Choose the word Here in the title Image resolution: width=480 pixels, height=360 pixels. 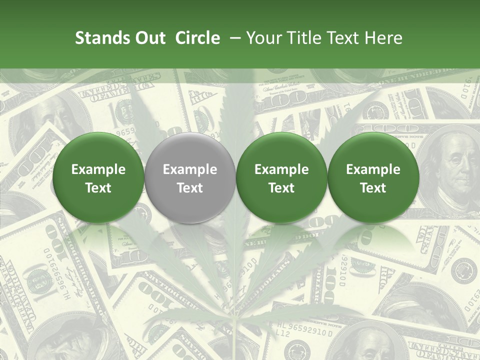click(384, 38)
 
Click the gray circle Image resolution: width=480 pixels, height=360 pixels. click(190, 177)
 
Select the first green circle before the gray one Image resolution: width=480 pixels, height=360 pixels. click(98, 177)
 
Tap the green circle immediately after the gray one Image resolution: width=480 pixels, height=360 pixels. click(281, 177)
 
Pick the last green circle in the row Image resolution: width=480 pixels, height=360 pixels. click(373, 177)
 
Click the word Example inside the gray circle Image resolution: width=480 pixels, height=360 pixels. click(190, 169)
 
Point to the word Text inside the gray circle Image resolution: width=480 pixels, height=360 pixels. click(190, 188)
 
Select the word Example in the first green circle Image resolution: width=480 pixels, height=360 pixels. click(98, 169)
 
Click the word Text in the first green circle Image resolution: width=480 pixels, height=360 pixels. click(98, 188)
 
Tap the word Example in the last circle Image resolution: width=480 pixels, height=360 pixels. click(373, 169)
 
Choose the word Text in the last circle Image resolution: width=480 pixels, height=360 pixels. click(373, 188)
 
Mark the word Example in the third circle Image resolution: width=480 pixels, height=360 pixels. click(281, 169)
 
